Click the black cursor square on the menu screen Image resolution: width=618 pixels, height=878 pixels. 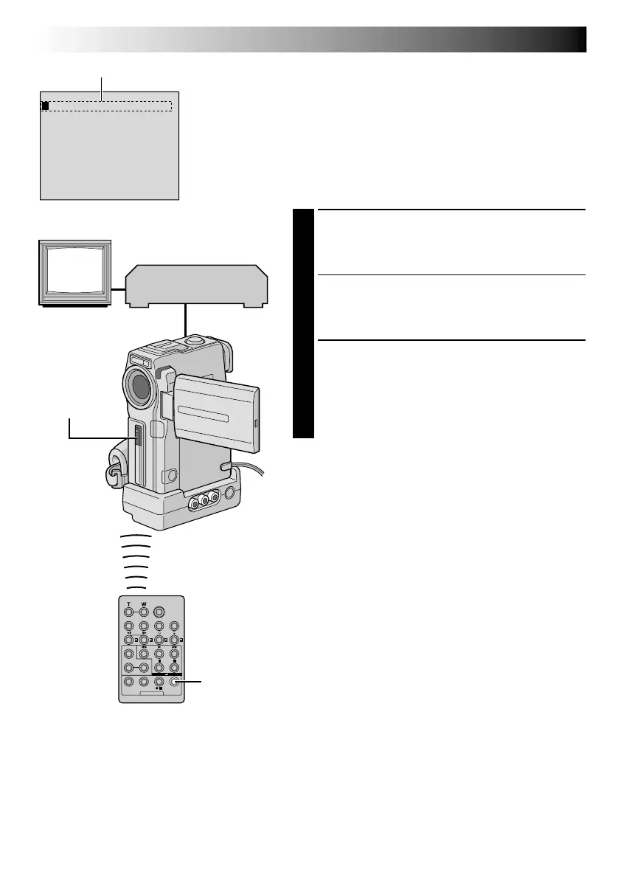point(45,106)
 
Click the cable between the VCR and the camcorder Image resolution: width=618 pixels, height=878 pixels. point(187,321)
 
